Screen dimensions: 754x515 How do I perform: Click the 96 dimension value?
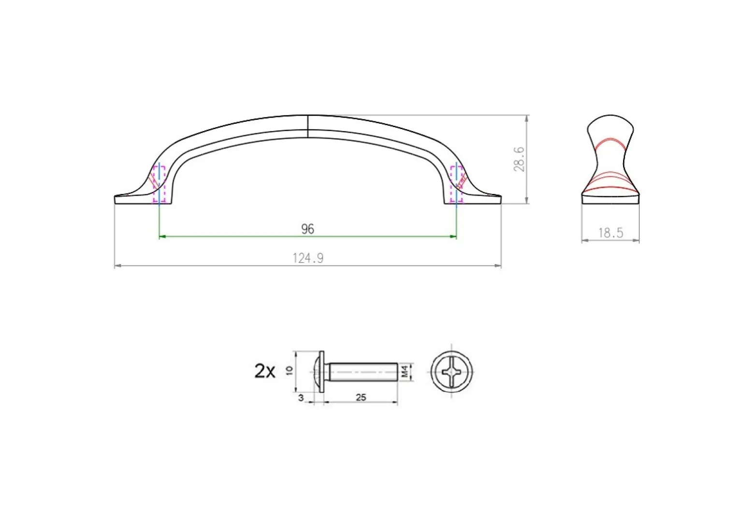(308, 229)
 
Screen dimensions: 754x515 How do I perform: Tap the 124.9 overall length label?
(308, 258)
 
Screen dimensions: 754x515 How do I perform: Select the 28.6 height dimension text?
(520, 159)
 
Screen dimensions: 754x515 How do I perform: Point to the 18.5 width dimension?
(610, 233)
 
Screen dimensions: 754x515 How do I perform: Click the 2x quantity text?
(265, 371)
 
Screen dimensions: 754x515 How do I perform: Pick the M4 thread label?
(405, 372)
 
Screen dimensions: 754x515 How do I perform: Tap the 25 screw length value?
(361, 397)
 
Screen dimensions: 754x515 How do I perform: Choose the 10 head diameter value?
(290, 371)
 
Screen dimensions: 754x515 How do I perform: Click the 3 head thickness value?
(301, 398)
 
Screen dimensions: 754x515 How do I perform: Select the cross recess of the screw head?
(451, 372)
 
